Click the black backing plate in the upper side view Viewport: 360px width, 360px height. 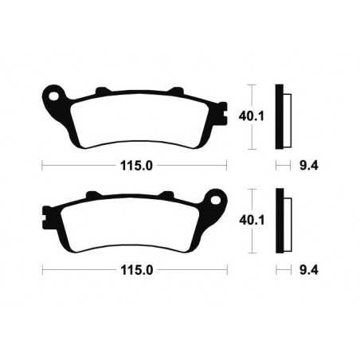(x=279, y=116)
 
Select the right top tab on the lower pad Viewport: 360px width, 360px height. (x=168, y=194)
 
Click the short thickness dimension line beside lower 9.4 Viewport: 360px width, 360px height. (x=280, y=269)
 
